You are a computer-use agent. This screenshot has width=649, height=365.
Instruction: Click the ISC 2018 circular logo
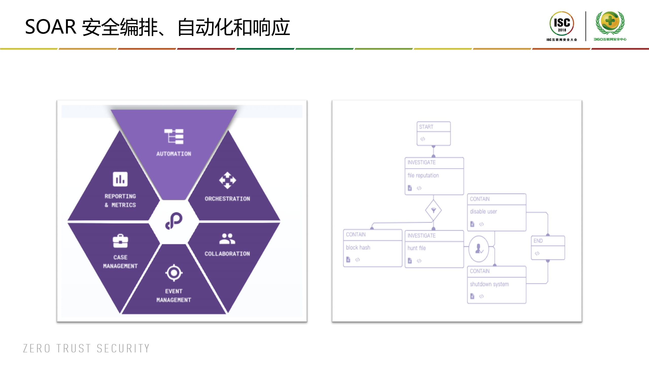562,24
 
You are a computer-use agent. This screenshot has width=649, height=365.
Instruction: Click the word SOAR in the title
50,27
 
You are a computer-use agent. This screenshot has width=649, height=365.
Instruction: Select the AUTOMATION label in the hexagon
174,154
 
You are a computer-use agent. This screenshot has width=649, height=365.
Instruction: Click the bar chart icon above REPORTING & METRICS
120,179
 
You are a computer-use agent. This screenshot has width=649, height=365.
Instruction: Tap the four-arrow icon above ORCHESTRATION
227,180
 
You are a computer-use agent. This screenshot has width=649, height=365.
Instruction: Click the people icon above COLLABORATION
227,239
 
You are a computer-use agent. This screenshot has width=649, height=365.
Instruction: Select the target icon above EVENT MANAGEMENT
174,273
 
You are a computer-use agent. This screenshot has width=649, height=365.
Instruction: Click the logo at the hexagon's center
174,221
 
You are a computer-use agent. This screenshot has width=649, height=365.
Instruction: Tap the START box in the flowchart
433,133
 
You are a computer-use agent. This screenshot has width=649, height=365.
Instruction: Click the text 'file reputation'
423,176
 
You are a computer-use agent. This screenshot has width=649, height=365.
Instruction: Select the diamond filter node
433,210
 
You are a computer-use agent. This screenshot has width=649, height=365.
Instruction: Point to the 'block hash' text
358,248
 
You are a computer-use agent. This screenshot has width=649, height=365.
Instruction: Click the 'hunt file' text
416,248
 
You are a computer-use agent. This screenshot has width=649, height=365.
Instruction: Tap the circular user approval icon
479,249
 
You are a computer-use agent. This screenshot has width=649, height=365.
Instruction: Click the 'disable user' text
483,212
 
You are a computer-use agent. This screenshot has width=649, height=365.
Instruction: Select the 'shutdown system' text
489,284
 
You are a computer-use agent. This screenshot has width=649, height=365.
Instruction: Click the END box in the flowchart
548,247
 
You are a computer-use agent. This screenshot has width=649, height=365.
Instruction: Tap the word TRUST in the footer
74,349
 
